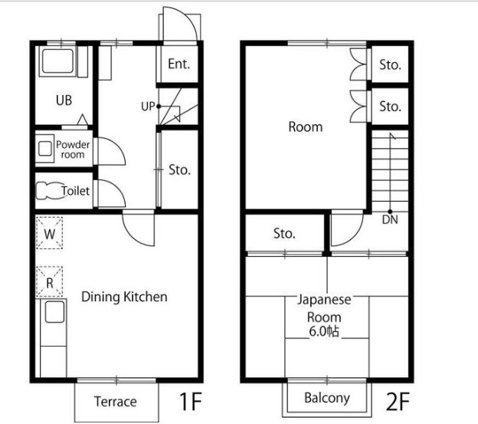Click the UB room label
64,100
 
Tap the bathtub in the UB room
57,61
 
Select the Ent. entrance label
179,64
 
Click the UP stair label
148,107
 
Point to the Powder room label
73,150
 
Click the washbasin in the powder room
45,149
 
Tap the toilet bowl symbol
49,191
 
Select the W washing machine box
49,233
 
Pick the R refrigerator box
49,282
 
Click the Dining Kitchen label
124,297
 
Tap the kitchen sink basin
55,312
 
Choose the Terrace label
116,402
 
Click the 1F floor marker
191,401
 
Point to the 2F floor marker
398,401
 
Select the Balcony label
327,398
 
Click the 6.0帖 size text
324,331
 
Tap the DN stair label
390,219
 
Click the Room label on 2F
306,127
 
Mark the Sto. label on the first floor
179,170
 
